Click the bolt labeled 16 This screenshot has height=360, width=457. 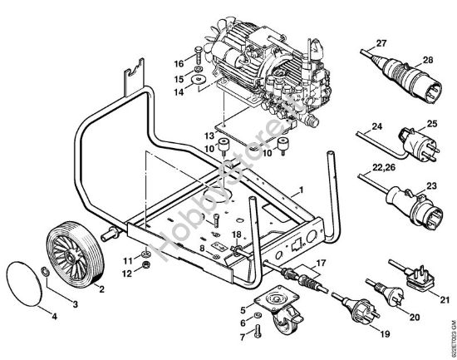pos(198,59)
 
